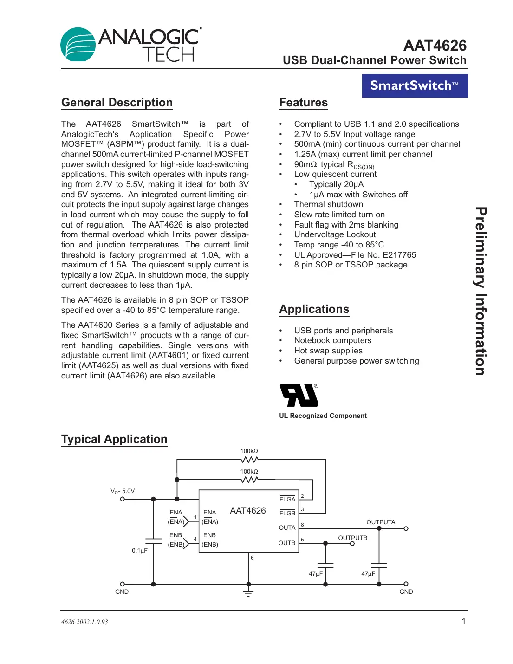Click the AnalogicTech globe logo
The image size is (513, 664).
click(78, 45)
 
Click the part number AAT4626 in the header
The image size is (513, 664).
click(435, 46)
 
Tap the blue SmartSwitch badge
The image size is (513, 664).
click(415, 85)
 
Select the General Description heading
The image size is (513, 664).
click(117, 103)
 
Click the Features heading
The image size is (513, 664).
click(303, 103)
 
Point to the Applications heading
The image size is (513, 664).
click(314, 309)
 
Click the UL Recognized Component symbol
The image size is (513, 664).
click(299, 396)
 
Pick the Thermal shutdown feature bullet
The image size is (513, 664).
click(328, 204)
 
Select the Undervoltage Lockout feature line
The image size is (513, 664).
click(335, 234)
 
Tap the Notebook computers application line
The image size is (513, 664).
click(332, 340)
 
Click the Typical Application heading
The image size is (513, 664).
click(114, 439)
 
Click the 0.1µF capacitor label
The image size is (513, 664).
click(140, 551)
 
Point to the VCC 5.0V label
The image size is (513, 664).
click(123, 491)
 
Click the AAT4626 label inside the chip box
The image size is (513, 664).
click(248, 511)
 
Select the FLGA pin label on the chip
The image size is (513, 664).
click(287, 499)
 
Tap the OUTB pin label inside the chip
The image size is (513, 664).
click(287, 543)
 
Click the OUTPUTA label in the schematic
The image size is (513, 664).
click(381, 522)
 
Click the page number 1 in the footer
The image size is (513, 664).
click(463, 621)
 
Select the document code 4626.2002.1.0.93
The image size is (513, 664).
click(84, 622)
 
